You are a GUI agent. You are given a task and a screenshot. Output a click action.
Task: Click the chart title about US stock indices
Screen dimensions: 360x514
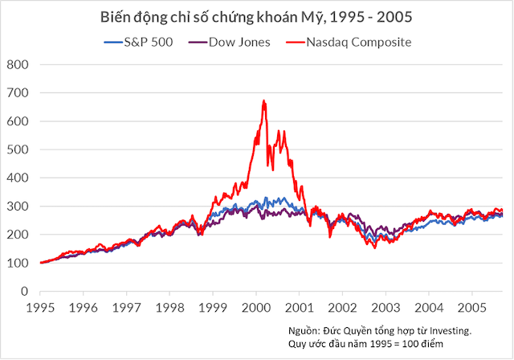[x=256, y=17]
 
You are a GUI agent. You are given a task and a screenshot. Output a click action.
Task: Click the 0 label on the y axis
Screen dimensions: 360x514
[x=24, y=291]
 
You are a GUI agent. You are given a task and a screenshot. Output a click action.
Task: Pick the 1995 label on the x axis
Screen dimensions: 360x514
[x=41, y=307]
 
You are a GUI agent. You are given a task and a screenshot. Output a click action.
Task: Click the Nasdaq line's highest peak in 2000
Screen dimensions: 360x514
[x=264, y=100]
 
